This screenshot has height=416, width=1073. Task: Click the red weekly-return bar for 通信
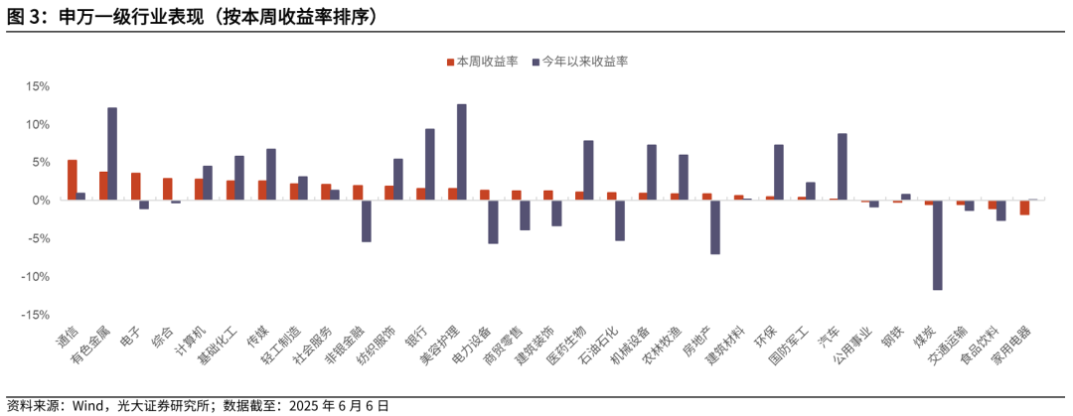[72, 180]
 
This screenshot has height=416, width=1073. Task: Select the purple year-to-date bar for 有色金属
[112, 154]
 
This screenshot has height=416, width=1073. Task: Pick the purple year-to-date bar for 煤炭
[937, 244]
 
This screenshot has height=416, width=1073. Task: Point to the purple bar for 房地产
[715, 226]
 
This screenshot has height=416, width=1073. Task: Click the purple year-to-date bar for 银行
[429, 164]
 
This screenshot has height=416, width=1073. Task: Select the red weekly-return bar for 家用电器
[1024, 208]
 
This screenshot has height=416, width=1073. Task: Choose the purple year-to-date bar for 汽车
[843, 167]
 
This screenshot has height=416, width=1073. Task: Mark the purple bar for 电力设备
[493, 221]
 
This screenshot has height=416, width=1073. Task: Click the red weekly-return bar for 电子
[135, 187]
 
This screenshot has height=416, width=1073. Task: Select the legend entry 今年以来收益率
[584, 62]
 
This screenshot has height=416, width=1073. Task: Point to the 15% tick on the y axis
[37, 86]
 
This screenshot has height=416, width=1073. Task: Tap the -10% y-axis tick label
[35, 277]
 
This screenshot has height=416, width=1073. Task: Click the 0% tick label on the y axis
[41, 201]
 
